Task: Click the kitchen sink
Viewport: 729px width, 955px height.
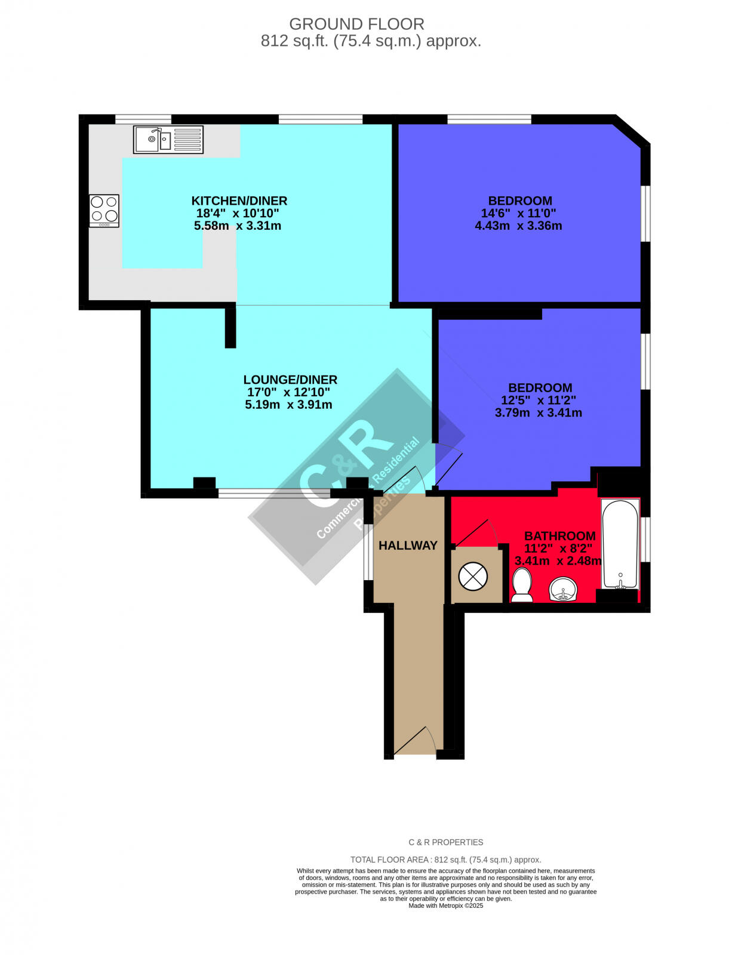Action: click(168, 140)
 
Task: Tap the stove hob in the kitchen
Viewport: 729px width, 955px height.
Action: click(104, 210)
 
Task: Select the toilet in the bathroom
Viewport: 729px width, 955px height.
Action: click(522, 584)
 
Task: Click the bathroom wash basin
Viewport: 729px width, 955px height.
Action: click(562, 589)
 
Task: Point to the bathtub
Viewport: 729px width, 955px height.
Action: click(620, 544)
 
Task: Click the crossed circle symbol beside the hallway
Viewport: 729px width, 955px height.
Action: click(473, 577)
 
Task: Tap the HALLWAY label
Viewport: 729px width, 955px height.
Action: click(408, 546)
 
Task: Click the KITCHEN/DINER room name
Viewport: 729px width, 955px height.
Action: click(239, 201)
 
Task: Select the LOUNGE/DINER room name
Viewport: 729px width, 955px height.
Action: click(290, 380)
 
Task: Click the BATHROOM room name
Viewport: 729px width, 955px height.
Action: click(559, 536)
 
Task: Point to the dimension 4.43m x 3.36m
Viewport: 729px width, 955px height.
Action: click(518, 226)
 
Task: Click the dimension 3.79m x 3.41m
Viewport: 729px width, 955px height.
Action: click(538, 412)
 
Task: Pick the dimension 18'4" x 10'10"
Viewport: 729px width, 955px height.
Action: click(238, 213)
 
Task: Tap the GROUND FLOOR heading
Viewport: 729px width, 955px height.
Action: click(356, 24)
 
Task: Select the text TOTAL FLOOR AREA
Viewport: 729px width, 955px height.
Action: click(389, 860)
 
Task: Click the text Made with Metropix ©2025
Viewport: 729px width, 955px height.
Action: click(445, 905)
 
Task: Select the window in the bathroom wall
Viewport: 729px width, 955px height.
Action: click(646, 540)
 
